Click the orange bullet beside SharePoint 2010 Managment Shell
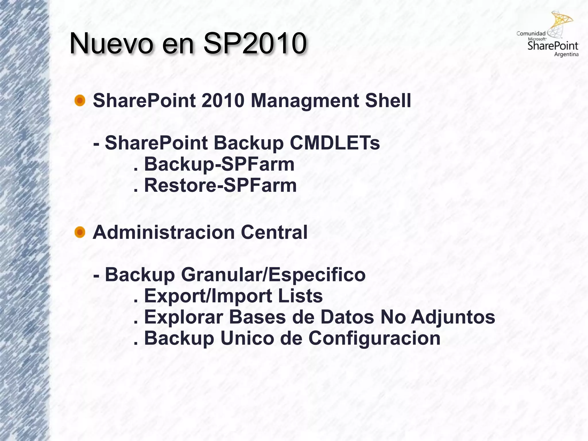tap(80, 101)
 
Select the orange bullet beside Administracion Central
tap(80, 232)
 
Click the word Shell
tap(388, 101)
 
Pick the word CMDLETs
tap(335, 143)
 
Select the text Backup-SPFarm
tap(219, 164)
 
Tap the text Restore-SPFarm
tap(220, 185)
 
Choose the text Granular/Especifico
tap(273, 275)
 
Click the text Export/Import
tap(208, 296)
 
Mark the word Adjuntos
tap(453, 317)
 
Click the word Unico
tap(247, 338)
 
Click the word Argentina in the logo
tap(566, 55)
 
